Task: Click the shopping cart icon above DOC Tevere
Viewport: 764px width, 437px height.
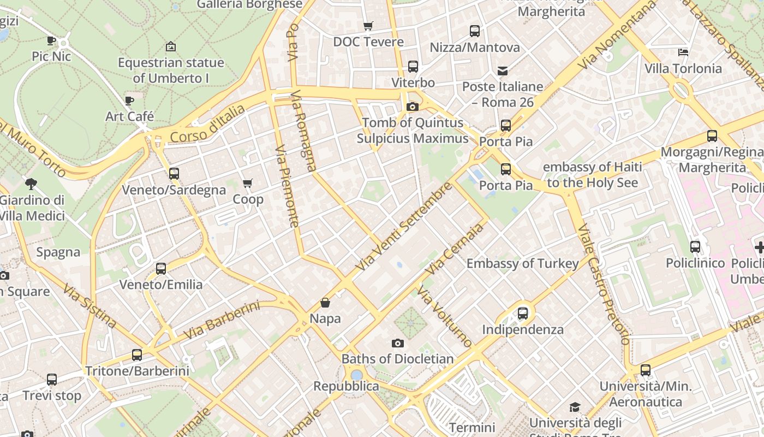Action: (x=368, y=26)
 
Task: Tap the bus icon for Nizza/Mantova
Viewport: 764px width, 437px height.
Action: (x=475, y=31)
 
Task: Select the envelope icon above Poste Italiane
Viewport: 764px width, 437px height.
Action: (x=502, y=70)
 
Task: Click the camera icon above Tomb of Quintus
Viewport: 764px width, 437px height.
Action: (x=413, y=107)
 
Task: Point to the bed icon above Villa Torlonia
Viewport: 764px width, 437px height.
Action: (x=683, y=52)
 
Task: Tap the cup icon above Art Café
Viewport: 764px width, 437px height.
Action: (x=129, y=101)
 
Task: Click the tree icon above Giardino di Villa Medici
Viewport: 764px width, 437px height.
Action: (x=31, y=184)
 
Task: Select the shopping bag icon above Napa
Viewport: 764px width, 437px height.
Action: (x=325, y=302)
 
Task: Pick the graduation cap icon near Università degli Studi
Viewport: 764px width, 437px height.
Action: (x=575, y=407)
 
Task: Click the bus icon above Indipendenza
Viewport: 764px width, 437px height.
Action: (x=523, y=314)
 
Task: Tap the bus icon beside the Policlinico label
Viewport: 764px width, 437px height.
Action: (x=695, y=247)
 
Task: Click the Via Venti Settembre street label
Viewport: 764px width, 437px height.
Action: (x=404, y=226)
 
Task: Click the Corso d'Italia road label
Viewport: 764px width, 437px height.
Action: (x=208, y=125)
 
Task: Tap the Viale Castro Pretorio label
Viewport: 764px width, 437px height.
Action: (x=604, y=284)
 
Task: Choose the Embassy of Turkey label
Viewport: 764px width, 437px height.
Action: (x=522, y=264)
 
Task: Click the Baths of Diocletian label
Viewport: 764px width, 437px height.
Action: (x=397, y=359)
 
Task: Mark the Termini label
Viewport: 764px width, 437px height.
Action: (x=472, y=427)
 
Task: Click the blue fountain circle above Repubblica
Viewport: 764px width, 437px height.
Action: (x=356, y=375)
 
